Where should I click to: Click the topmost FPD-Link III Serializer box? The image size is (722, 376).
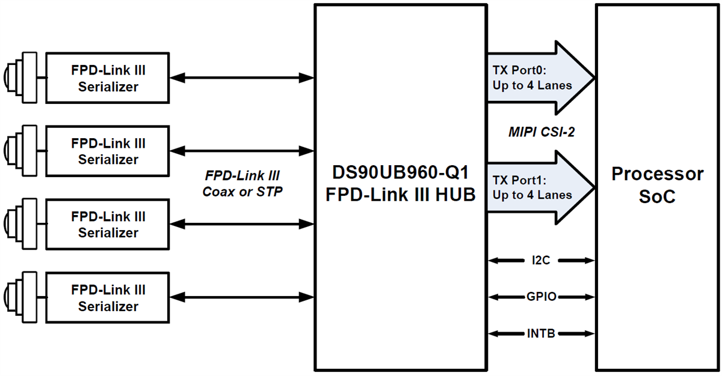click(x=108, y=78)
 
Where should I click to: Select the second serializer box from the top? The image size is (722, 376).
click(x=108, y=151)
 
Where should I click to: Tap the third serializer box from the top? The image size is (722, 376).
click(x=108, y=224)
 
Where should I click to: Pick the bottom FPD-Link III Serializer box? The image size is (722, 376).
click(x=108, y=298)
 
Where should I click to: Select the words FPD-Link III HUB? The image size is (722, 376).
click(x=400, y=194)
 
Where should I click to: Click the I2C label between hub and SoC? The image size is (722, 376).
click(x=540, y=261)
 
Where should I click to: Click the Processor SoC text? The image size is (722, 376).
click(x=657, y=184)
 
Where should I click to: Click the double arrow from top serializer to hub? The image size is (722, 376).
click(x=242, y=77)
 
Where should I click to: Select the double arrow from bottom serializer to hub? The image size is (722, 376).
click(x=242, y=297)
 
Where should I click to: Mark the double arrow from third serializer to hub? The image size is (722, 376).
click(x=242, y=224)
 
